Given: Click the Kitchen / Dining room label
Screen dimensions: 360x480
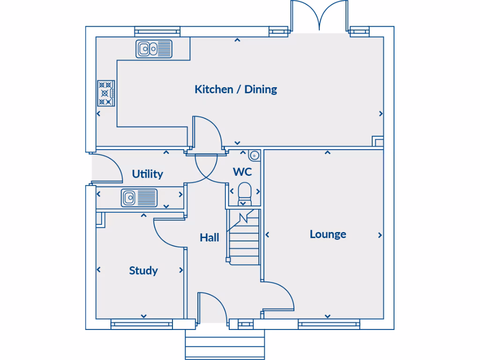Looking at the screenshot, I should (x=236, y=89).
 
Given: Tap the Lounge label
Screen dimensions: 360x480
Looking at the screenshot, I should (x=328, y=234).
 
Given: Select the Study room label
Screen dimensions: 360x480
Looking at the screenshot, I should (x=143, y=270).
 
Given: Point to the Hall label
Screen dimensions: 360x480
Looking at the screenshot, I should (x=209, y=238).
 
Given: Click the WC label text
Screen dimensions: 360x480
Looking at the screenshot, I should (x=242, y=172).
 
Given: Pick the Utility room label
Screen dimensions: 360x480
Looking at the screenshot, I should (x=147, y=174).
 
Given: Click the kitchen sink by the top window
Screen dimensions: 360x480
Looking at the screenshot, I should (x=154, y=48).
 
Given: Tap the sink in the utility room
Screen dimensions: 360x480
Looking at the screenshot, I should (x=139, y=197).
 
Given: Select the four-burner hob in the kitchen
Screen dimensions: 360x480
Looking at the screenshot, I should (x=106, y=93).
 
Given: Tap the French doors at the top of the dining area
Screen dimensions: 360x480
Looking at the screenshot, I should (x=319, y=16).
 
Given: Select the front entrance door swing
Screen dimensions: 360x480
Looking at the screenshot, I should (x=211, y=307).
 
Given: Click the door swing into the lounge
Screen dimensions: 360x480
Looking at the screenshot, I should (x=279, y=296).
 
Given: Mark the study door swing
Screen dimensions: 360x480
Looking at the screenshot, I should (x=169, y=232).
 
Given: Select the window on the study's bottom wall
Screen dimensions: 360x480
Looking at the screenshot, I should (x=142, y=324).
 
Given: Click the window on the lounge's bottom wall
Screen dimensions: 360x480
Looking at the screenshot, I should (x=329, y=324).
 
